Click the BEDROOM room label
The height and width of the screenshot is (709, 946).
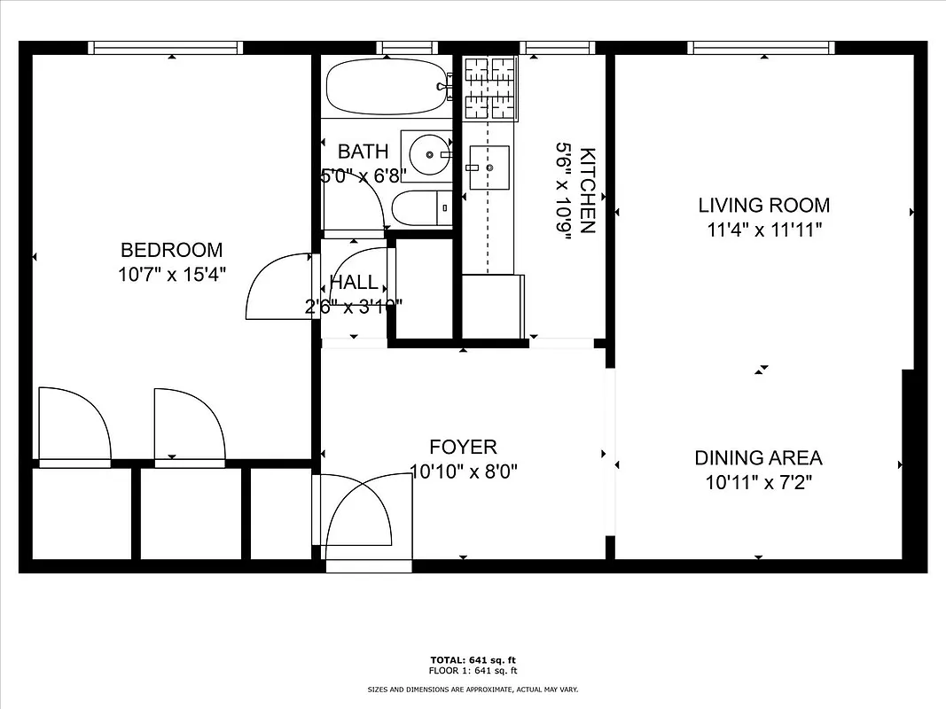point(171,250)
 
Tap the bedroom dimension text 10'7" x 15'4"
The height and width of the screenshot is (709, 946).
point(171,274)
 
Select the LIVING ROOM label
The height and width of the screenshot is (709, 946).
point(763,206)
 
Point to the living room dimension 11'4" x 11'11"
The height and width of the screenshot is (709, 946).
point(763,230)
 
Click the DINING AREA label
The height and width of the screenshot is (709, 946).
point(757,458)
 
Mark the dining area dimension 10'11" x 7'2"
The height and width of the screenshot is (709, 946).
point(757,483)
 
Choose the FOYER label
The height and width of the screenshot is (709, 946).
point(463,448)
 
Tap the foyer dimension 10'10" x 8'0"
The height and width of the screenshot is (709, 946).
point(463,471)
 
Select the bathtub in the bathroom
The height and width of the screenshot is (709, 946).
point(386,87)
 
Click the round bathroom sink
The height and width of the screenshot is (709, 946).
point(430,155)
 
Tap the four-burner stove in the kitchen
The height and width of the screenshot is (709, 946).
point(491,87)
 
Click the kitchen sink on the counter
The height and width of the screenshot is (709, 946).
point(489,166)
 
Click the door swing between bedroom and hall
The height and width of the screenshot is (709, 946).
point(279,285)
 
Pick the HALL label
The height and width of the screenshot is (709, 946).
point(353,284)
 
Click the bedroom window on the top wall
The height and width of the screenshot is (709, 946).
point(167,47)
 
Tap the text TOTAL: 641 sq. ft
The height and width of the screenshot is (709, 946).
point(473,660)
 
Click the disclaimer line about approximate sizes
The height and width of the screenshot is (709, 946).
point(473,689)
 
